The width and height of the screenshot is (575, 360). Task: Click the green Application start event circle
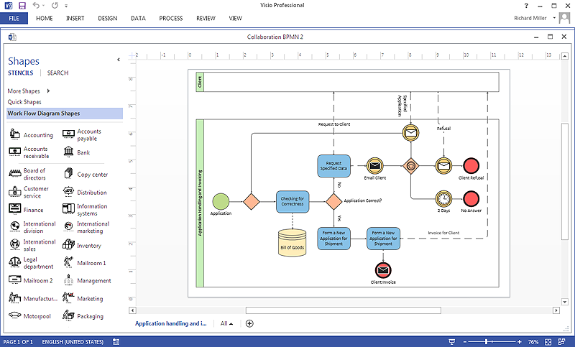pyautogui.click(x=221, y=201)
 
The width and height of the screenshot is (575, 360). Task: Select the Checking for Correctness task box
pyautogui.click(x=293, y=201)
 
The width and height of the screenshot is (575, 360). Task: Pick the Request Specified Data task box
pyautogui.click(x=334, y=165)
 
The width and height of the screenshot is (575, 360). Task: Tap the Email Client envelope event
pyautogui.click(x=375, y=165)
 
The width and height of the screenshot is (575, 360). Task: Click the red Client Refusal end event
pyautogui.click(x=471, y=165)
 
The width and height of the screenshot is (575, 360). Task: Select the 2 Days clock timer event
pyautogui.click(x=443, y=198)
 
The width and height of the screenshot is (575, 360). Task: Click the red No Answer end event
pyautogui.click(x=471, y=198)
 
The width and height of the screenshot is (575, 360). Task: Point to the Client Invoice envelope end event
pyautogui.click(x=383, y=269)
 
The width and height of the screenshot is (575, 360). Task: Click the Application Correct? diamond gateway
pyautogui.click(x=334, y=201)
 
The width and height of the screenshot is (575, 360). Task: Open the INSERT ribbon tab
pyautogui.click(x=75, y=18)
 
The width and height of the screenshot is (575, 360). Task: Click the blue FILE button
pyautogui.click(x=14, y=18)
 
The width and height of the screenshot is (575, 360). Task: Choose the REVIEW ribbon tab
pyautogui.click(x=206, y=18)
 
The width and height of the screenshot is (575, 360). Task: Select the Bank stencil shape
pyautogui.click(x=78, y=152)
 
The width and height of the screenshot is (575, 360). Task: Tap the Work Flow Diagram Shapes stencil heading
pyautogui.click(x=44, y=114)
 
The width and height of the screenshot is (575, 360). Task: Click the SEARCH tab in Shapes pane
pyautogui.click(x=57, y=73)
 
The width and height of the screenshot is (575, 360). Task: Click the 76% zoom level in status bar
pyautogui.click(x=533, y=341)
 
